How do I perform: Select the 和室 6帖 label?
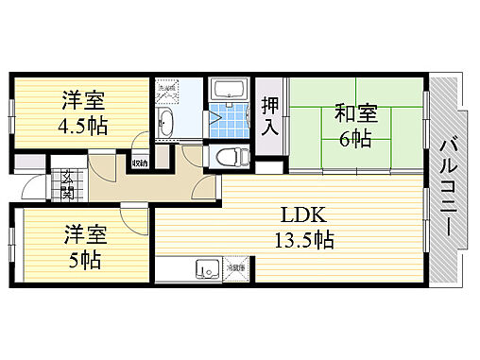(355, 126)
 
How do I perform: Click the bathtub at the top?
(227, 92)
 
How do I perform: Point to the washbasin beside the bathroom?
(166, 121)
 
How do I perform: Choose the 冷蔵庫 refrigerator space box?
(234, 268)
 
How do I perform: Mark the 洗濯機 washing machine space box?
(168, 93)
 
